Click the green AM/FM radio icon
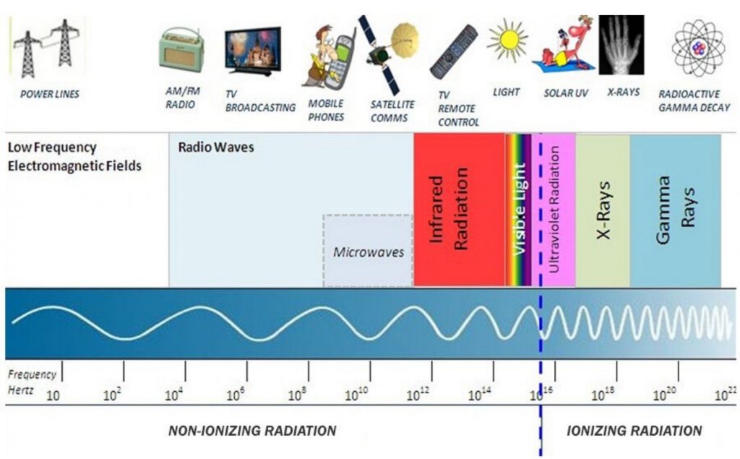[x=181, y=50]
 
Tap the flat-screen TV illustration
[x=253, y=51]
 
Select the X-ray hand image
[x=621, y=45]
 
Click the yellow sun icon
[x=508, y=40]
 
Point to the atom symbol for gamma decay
[x=699, y=48]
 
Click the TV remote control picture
[x=454, y=52]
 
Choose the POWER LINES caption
[x=50, y=94]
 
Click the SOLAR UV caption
[x=566, y=93]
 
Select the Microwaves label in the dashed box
[x=369, y=252]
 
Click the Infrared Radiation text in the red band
[x=448, y=209]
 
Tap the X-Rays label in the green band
[x=603, y=210]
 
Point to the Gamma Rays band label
[x=676, y=210]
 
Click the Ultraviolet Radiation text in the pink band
[x=554, y=209]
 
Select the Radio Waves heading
[x=216, y=147]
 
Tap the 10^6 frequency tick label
[x=236, y=394]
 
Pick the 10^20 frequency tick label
[x=665, y=393]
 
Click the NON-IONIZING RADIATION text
[x=252, y=431]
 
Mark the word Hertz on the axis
[x=21, y=390]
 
